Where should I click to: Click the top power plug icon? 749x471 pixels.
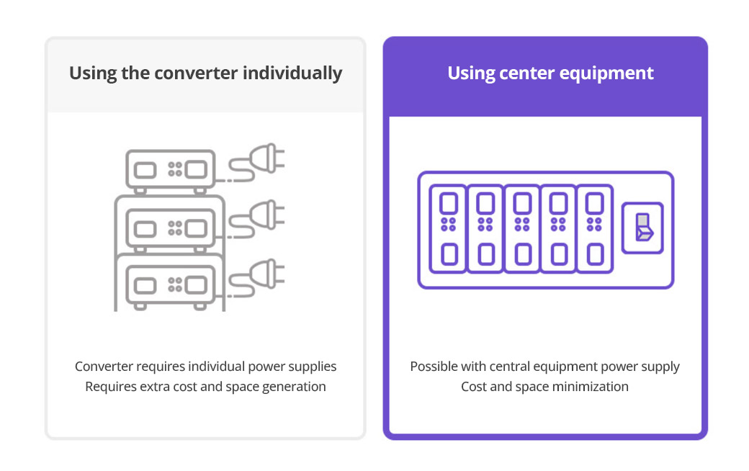click(x=257, y=163)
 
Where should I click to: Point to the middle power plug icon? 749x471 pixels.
click(x=257, y=219)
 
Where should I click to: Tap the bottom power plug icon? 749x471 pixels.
click(x=257, y=277)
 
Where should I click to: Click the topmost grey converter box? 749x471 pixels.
click(x=170, y=171)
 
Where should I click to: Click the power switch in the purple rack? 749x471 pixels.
click(x=642, y=228)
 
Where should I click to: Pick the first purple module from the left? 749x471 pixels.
click(x=448, y=229)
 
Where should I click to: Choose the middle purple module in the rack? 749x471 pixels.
click(x=522, y=229)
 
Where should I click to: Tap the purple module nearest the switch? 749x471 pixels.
click(x=595, y=229)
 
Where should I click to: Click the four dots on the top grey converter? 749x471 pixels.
click(x=175, y=169)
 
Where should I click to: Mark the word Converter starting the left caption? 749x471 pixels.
click(x=104, y=367)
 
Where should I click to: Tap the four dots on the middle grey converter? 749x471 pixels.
click(x=175, y=228)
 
